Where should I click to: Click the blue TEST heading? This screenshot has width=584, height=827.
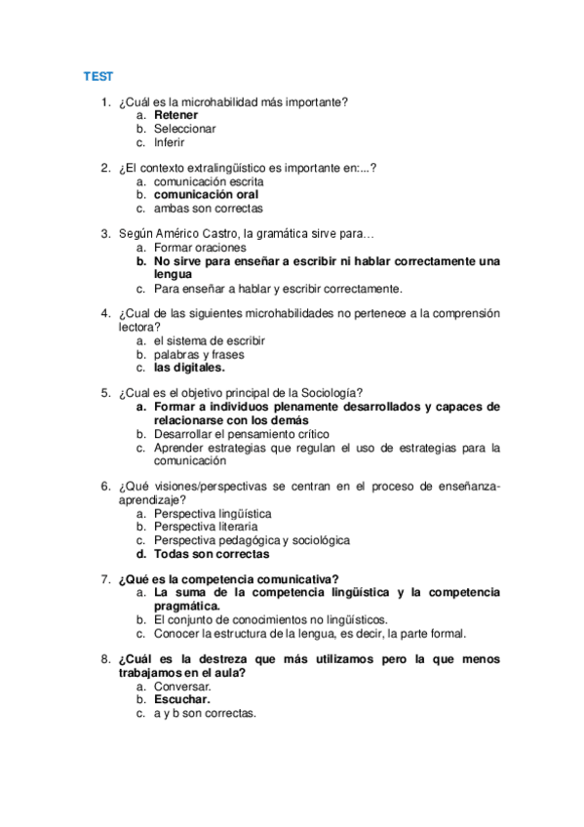pos(97,76)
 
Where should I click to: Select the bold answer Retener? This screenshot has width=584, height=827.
pos(175,115)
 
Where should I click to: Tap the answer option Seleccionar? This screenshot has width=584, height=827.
pos(184,129)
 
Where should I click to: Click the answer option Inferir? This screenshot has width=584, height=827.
pos(169,142)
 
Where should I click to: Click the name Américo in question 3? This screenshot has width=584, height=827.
pos(191,234)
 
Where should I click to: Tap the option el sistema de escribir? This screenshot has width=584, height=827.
pos(209,341)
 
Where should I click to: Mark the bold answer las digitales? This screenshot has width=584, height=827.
pos(189,368)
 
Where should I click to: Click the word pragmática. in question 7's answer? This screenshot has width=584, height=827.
pos(187,606)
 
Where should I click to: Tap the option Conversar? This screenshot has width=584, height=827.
pos(182,686)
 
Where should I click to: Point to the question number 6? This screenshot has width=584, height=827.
pos(105,486)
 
